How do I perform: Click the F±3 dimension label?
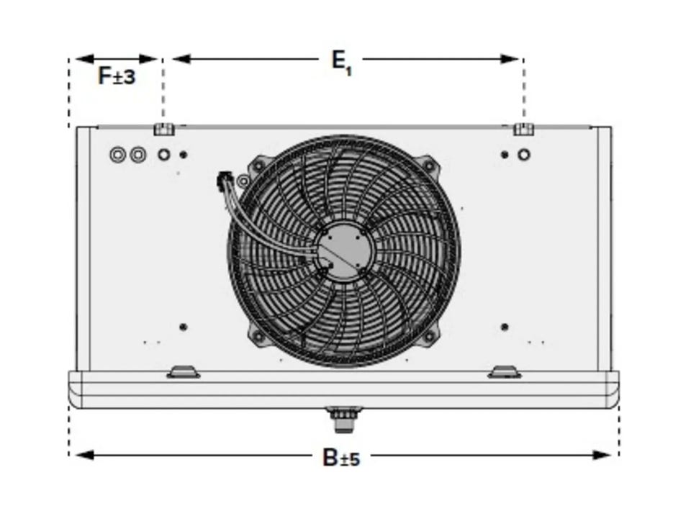[117, 76]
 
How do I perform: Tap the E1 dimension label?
[341, 63]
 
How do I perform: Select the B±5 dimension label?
[341, 458]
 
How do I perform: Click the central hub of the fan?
[344, 250]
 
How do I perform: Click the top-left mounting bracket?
[164, 129]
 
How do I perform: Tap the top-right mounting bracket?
[524, 129]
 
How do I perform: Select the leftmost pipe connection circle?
[117, 155]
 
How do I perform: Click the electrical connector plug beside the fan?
[225, 181]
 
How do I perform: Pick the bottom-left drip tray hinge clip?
[184, 372]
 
